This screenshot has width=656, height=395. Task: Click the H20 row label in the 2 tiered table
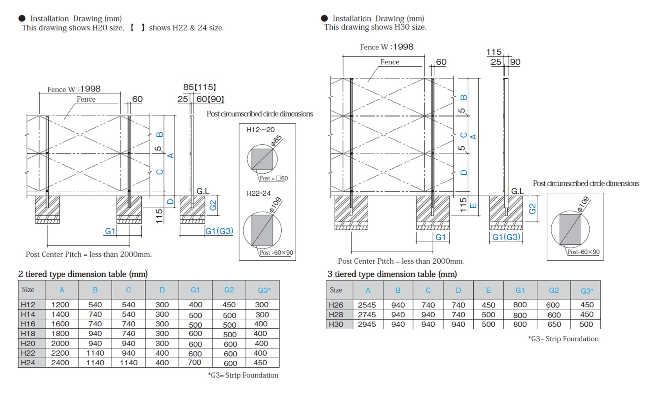click(28, 344)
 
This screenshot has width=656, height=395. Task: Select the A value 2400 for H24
click(60, 363)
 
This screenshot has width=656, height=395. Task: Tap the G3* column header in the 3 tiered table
click(587, 291)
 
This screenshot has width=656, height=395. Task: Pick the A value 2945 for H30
click(367, 324)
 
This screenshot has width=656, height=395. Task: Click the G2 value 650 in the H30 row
click(554, 324)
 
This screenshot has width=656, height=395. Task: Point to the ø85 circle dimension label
click(276, 140)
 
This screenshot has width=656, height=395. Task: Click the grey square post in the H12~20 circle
click(262, 159)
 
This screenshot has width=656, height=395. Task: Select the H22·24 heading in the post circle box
click(258, 193)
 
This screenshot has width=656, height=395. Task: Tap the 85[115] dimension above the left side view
click(200, 87)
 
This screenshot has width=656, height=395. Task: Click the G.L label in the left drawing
click(202, 191)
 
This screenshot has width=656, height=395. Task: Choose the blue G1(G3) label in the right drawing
click(506, 237)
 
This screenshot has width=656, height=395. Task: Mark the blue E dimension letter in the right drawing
click(473, 206)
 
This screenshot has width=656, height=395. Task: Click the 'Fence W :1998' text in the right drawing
click(386, 47)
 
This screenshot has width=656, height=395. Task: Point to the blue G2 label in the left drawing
click(213, 205)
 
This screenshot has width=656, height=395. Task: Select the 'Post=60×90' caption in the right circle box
click(583, 252)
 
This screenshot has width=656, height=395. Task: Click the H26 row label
click(336, 305)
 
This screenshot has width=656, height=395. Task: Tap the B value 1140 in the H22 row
click(95, 353)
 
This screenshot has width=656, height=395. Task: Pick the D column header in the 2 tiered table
click(162, 290)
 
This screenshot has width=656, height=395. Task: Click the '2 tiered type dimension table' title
click(83, 274)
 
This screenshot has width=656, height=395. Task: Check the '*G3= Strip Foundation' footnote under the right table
click(563, 339)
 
